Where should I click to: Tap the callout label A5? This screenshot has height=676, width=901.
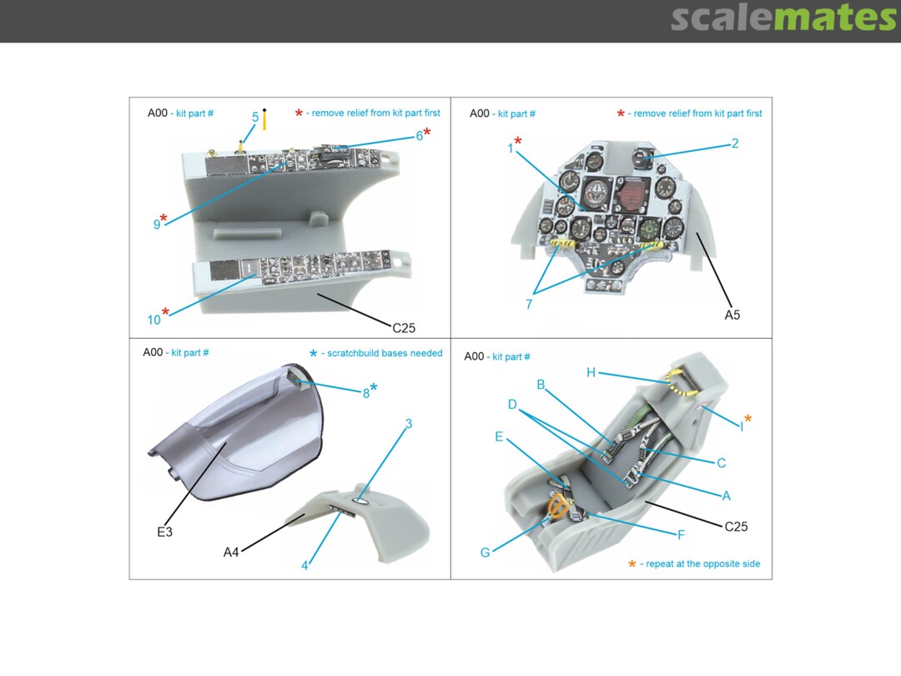(x=732, y=315)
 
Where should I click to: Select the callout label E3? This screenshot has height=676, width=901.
(x=164, y=532)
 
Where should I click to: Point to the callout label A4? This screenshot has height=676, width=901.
(x=230, y=552)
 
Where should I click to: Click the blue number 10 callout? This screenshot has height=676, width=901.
(x=154, y=320)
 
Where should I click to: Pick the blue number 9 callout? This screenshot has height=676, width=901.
(x=156, y=224)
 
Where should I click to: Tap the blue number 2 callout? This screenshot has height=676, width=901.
(x=734, y=144)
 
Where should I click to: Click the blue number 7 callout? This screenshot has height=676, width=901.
(x=529, y=304)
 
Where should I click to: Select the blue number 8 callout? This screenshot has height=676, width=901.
(x=366, y=394)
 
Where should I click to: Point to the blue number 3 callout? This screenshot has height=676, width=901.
(x=409, y=424)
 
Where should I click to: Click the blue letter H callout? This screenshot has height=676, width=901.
(x=591, y=372)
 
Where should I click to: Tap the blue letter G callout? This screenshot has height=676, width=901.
(x=485, y=552)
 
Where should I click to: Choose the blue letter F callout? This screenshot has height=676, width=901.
(x=681, y=535)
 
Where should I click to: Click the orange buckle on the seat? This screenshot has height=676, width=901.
(x=558, y=507)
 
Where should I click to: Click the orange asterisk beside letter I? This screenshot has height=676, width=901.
(x=747, y=419)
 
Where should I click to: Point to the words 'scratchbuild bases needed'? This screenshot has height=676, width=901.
(x=385, y=353)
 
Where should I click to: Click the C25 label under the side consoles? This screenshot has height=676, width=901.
(x=404, y=328)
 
